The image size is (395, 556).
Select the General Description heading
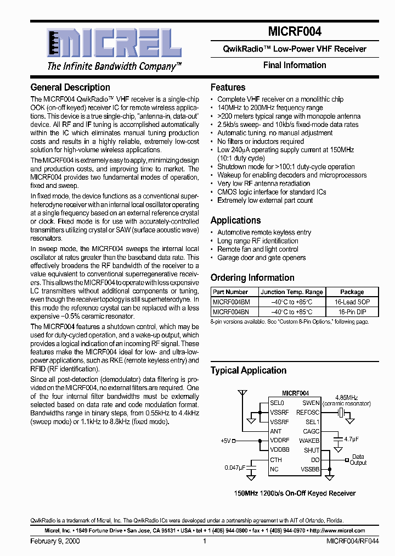[70, 87]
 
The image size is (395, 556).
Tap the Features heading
[228, 87]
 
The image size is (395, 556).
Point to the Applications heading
[235, 220]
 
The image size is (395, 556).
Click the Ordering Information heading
[252, 277]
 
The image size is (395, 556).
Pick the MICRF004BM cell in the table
[231, 302]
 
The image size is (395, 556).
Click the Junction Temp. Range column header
[291, 292]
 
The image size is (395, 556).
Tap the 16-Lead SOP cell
[352, 302]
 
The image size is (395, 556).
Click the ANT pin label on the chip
[276, 431]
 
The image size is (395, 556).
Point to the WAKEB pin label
[309, 441]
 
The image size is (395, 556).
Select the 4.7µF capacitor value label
[352, 440]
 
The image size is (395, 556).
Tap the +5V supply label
[227, 441]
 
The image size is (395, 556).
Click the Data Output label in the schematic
[358, 459]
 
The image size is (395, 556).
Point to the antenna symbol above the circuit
[241, 394]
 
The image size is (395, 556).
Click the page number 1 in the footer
[204, 541]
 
